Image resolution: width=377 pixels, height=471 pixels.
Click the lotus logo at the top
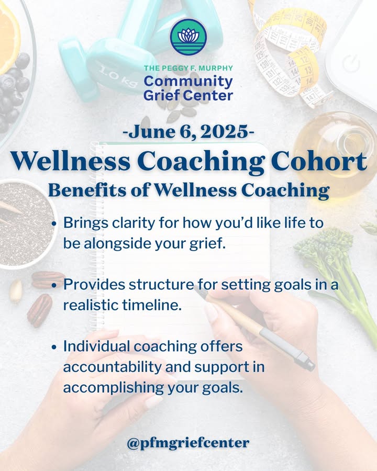pyautogui.click(x=188, y=37)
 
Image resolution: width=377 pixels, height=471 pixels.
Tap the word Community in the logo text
pyautogui.click(x=188, y=82)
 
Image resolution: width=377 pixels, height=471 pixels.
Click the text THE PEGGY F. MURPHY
pyautogui.click(x=188, y=68)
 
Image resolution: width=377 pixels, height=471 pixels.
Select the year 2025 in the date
pyautogui.click(x=224, y=131)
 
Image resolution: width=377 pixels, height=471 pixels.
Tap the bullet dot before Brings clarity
pyautogui.click(x=54, y=224)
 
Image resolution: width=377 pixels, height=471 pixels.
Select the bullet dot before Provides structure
pyautogui.click(x=54, y=285)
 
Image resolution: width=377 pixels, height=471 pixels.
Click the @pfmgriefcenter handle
pyautogui.click(x=188, y=443)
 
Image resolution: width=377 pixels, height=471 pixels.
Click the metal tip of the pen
pyautogui.click(x=308, y=363)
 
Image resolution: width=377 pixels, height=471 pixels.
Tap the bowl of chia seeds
pyautogui.click(x=26, y=224)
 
